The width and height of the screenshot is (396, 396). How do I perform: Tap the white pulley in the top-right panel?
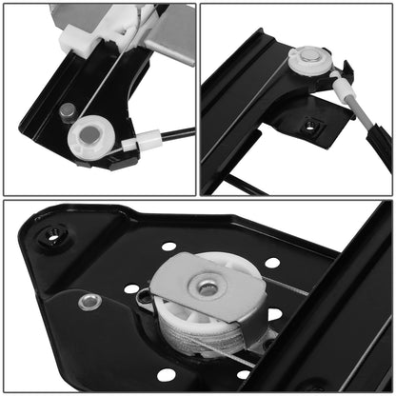point(308,62)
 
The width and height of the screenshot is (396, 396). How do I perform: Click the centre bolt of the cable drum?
point(205,286)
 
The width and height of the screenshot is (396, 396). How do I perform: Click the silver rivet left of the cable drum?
point(90,303)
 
